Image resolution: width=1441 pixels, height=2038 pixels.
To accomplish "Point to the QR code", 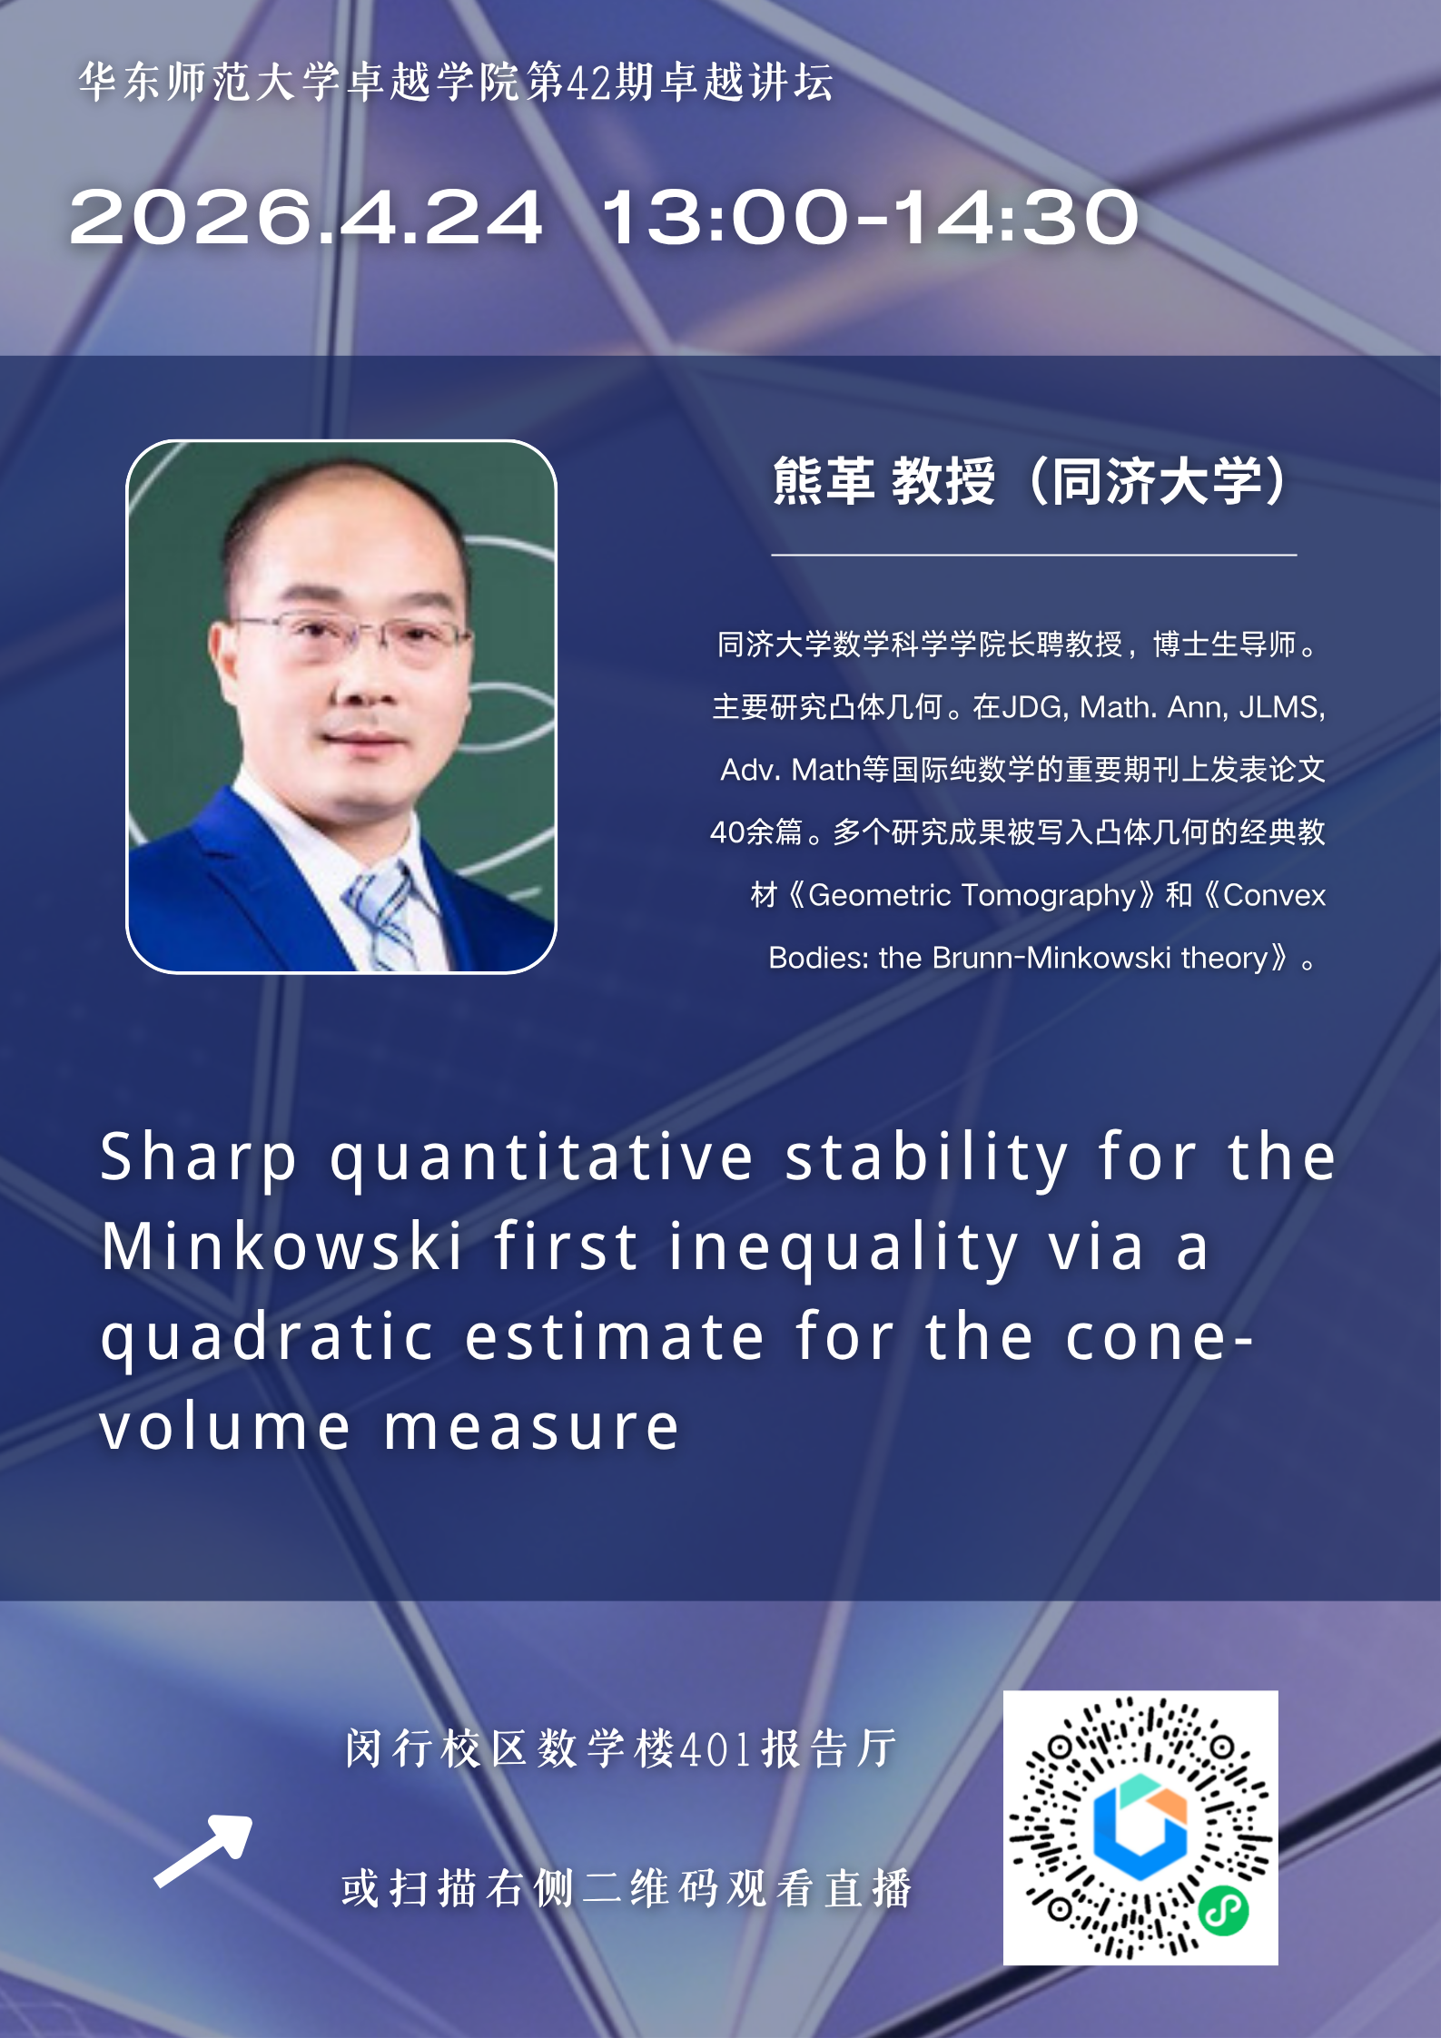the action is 1140,1827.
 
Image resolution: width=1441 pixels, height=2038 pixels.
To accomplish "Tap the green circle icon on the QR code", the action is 1223,1910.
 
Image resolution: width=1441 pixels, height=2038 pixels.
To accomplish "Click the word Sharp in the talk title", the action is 199,1157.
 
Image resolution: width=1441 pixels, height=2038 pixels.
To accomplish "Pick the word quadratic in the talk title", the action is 267,1340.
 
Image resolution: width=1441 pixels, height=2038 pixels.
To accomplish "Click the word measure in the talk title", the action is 531,1427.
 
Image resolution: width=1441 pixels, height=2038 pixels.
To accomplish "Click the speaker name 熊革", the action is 824,480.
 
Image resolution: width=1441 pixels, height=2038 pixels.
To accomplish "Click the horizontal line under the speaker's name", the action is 1033,554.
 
